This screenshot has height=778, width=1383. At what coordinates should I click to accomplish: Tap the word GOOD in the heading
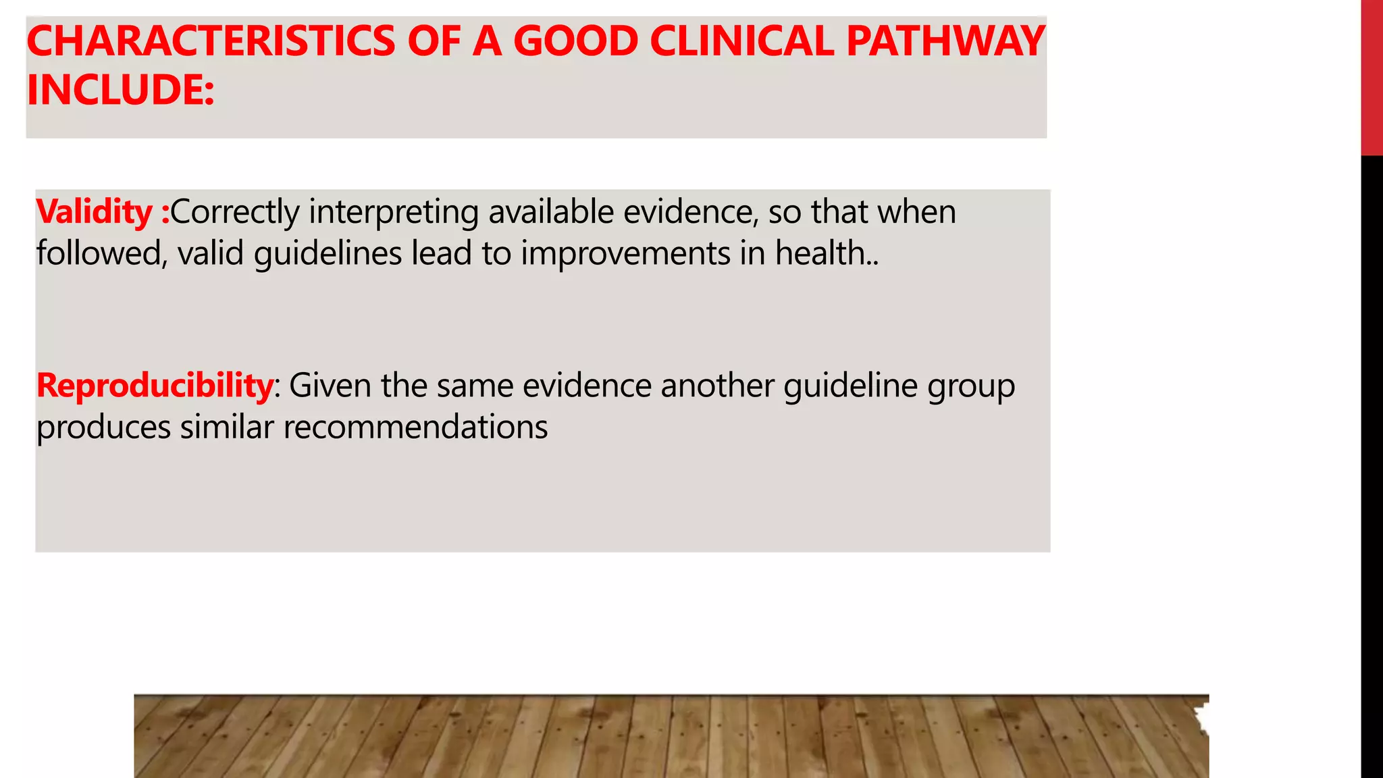(x=575, y=41)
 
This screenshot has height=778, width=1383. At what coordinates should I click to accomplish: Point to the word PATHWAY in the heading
(x=945, y=41)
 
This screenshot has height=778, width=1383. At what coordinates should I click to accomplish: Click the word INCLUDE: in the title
(x=120, y=90)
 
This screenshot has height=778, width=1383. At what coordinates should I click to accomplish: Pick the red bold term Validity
(x=95, y=212)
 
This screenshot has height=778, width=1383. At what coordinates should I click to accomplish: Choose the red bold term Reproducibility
(x=155, y=386)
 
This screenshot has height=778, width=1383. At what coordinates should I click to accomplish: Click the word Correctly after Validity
(x=235, y=212)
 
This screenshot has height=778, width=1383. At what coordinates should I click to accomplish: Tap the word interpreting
(x=394, y=213)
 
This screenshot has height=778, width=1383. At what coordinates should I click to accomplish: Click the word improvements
(x=625, y=255)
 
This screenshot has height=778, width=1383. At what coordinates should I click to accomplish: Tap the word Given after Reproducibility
(x=330, y=386)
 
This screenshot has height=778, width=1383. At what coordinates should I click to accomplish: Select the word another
(x=717, y=386)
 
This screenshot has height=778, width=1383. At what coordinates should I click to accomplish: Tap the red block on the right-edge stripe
(x=1372, y=78)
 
